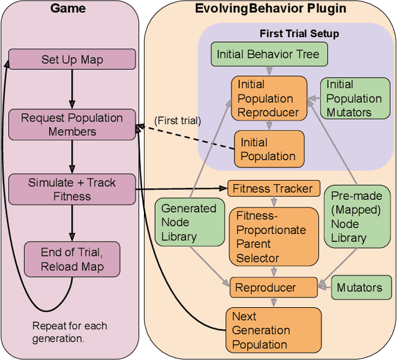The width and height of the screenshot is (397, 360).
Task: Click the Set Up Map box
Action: (72, 60)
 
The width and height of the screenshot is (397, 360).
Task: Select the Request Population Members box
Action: (72, 124)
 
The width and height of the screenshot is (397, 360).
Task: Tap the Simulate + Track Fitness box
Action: (72, 189)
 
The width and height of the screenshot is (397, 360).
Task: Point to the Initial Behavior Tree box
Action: (269, 55)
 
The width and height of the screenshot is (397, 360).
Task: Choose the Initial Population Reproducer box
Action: (269, 98)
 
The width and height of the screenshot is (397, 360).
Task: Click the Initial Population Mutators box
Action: (354, 98)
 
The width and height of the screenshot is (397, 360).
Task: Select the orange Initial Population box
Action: (269, 149)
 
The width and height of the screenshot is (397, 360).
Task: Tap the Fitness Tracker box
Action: (274, 187)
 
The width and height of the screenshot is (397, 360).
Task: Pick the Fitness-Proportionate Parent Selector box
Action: (271, 236)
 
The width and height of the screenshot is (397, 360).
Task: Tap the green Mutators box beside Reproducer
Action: (359, 288)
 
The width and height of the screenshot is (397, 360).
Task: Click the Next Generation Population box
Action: (274, 330)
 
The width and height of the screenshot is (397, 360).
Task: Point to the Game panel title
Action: (68, 9)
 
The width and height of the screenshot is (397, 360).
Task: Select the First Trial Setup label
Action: (299, 32)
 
